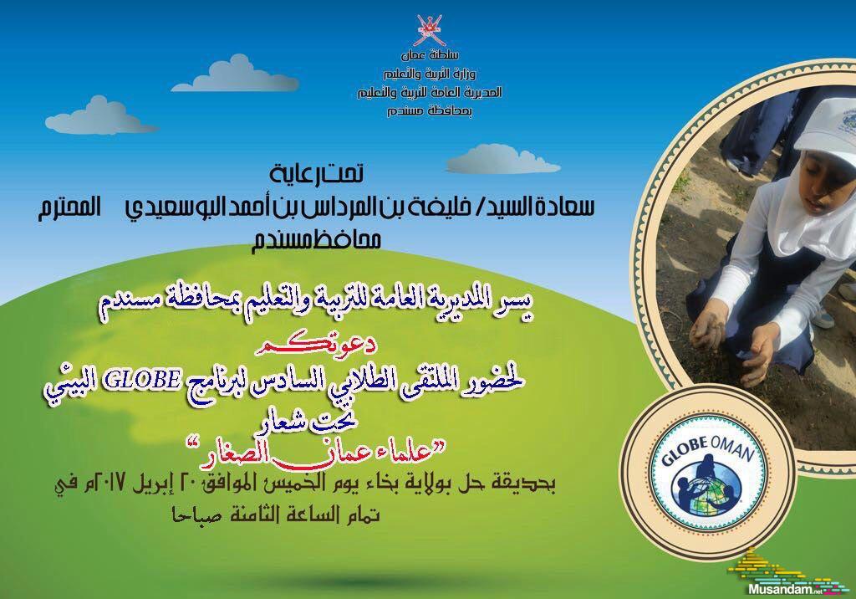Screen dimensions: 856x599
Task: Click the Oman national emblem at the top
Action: click(429, 30)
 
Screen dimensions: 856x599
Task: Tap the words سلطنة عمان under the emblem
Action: click(430, 54)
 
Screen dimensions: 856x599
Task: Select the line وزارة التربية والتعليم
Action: click(430, 74)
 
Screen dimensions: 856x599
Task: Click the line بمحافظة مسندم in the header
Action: click(430, 111)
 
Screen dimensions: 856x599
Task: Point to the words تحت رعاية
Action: click(317, 174)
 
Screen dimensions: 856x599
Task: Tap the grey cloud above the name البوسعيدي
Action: click(503, 159)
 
